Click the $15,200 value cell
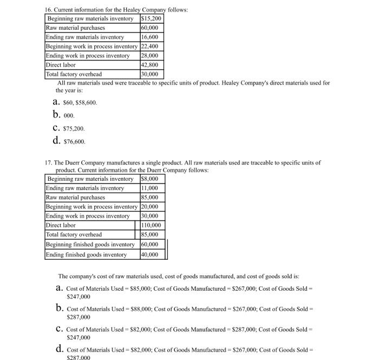151,19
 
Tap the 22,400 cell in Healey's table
149,47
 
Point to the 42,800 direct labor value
149,65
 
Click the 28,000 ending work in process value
149,56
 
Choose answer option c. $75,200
74,129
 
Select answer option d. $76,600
74,142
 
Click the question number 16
49,10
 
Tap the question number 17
49,162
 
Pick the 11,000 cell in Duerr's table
149,188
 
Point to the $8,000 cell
149,179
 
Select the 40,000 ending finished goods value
149,254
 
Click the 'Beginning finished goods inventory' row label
90,245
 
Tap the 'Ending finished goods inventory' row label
87,254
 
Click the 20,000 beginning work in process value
149,207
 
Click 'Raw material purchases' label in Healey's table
76,28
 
